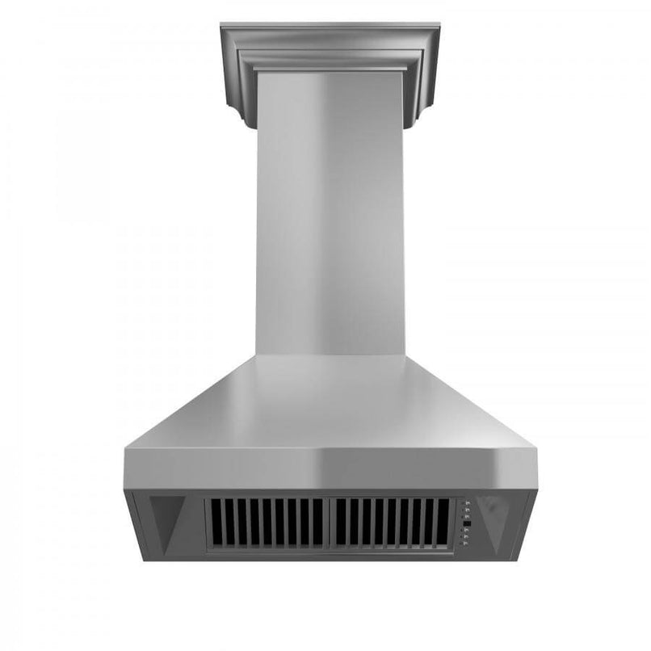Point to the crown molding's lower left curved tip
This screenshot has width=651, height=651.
click(246, 121)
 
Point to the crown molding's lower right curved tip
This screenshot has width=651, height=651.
click(413, 121)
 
